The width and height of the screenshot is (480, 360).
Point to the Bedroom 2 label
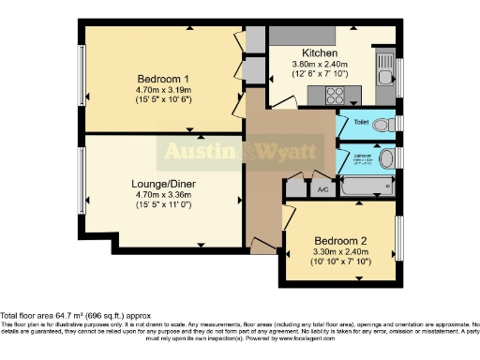pyautogui.click(x=337, y=241)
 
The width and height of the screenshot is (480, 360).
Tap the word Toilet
pyautogui.click(x=355, y=123)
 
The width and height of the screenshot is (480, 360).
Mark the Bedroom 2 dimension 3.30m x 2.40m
pyautogui.click(x=337, y=252)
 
